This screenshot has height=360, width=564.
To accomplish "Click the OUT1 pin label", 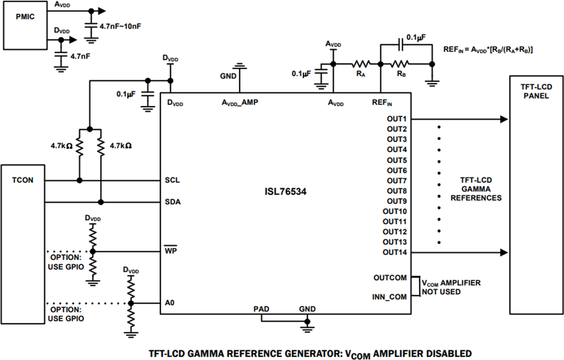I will [x=397, y=119].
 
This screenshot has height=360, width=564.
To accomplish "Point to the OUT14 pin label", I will [x=394, y=252].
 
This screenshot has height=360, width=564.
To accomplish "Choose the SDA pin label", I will [x=173, y=202].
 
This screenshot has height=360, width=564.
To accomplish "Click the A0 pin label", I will [x=170, y=302].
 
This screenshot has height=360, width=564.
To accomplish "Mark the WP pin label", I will [x=171, y=251].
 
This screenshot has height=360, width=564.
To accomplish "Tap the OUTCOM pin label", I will [x=391, y=278].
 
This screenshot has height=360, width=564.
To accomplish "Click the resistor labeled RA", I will [x=361, y=64].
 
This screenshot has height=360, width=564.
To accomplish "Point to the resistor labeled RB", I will [x=401, y=64].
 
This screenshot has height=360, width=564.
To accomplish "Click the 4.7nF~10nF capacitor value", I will [x=121, y=26].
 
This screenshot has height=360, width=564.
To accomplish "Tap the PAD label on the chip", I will [x=262, y=309].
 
